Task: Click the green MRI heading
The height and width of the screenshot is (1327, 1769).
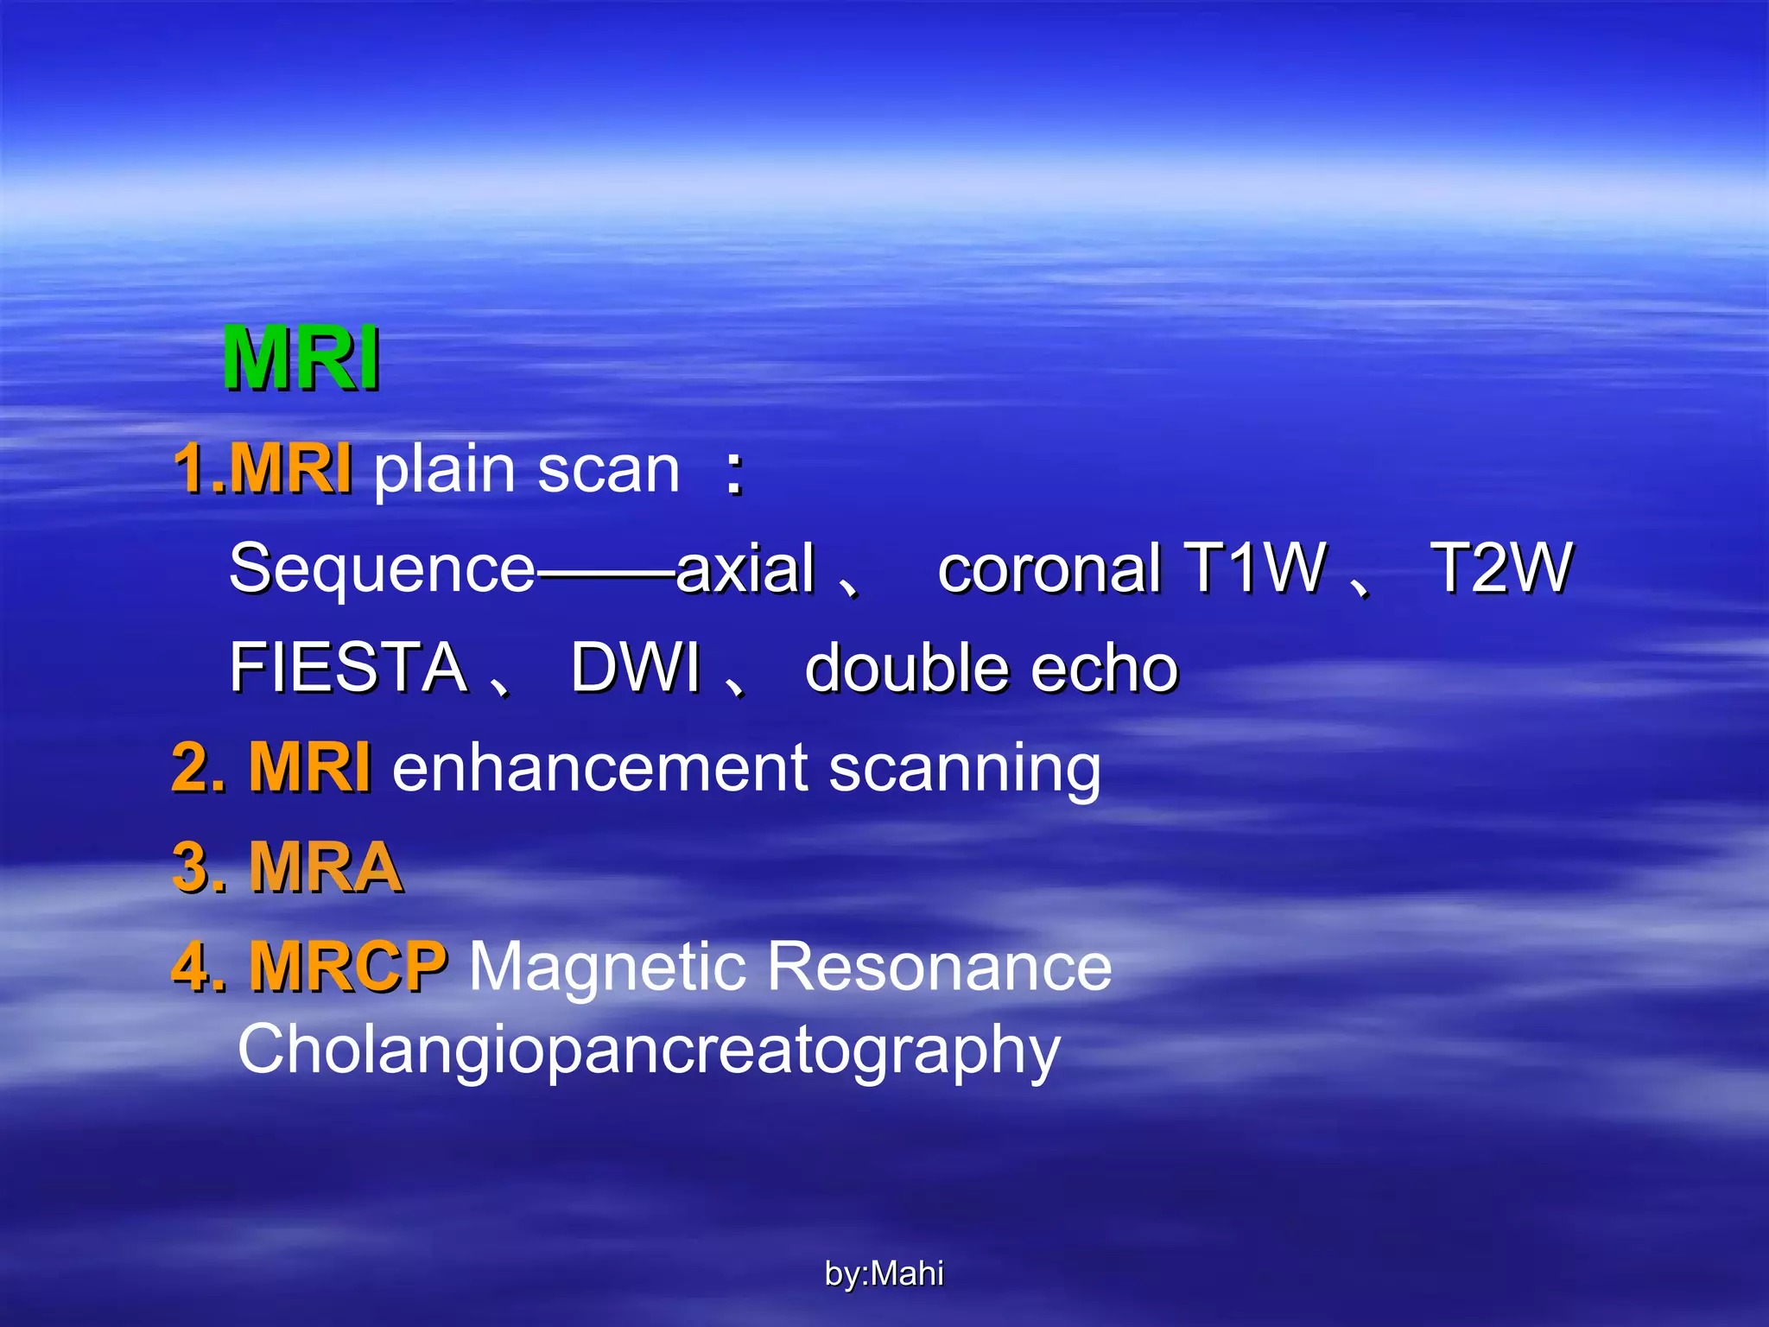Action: [301, 359]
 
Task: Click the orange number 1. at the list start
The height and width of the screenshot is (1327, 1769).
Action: [199, 469]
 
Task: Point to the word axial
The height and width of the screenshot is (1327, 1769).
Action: [745, 568]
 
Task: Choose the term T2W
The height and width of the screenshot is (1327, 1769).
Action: [1500, 568]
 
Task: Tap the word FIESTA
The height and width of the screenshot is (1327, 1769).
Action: [348, 668]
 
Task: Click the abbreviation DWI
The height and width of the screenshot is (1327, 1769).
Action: [636, 668]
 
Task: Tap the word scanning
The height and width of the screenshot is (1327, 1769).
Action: [965, 769]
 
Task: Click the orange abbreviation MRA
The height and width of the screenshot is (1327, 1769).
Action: [325, 867]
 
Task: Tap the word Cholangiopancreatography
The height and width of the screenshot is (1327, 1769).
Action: [649, 1051]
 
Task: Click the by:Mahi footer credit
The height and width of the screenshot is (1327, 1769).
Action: [884, 1273]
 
